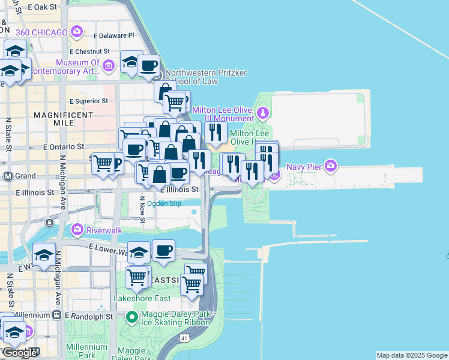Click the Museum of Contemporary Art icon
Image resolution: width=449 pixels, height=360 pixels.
pyautogui.click(x=109, y=65)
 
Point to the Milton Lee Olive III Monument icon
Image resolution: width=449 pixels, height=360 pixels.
pyautogui.click(x=262, y=112)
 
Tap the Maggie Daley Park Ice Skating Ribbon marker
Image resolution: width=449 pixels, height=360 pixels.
pyautogui.click(x=131, y=316)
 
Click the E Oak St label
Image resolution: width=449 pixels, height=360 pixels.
pyautogui.click(x=41, y=7)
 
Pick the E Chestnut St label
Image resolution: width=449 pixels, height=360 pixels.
pyautogui.click(x=92, y=52)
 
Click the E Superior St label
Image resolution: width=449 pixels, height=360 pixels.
pyautogui.click(x=91, y=101)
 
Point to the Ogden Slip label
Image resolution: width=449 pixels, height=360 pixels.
pyautogui.click(x=164, y=203)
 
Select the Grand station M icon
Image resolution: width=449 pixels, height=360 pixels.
pyautogui.click(x=8, y=176)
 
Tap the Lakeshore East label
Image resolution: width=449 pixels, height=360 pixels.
pyautogui.click(x=142, y=298)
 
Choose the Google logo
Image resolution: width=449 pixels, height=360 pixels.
pyautogui.click(x=20, y=353)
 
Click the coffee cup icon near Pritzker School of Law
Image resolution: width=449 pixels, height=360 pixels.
pyautogui.click(x=148, y=65)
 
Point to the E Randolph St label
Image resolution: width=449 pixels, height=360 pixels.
pyautogui.click(x=89, y=316)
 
